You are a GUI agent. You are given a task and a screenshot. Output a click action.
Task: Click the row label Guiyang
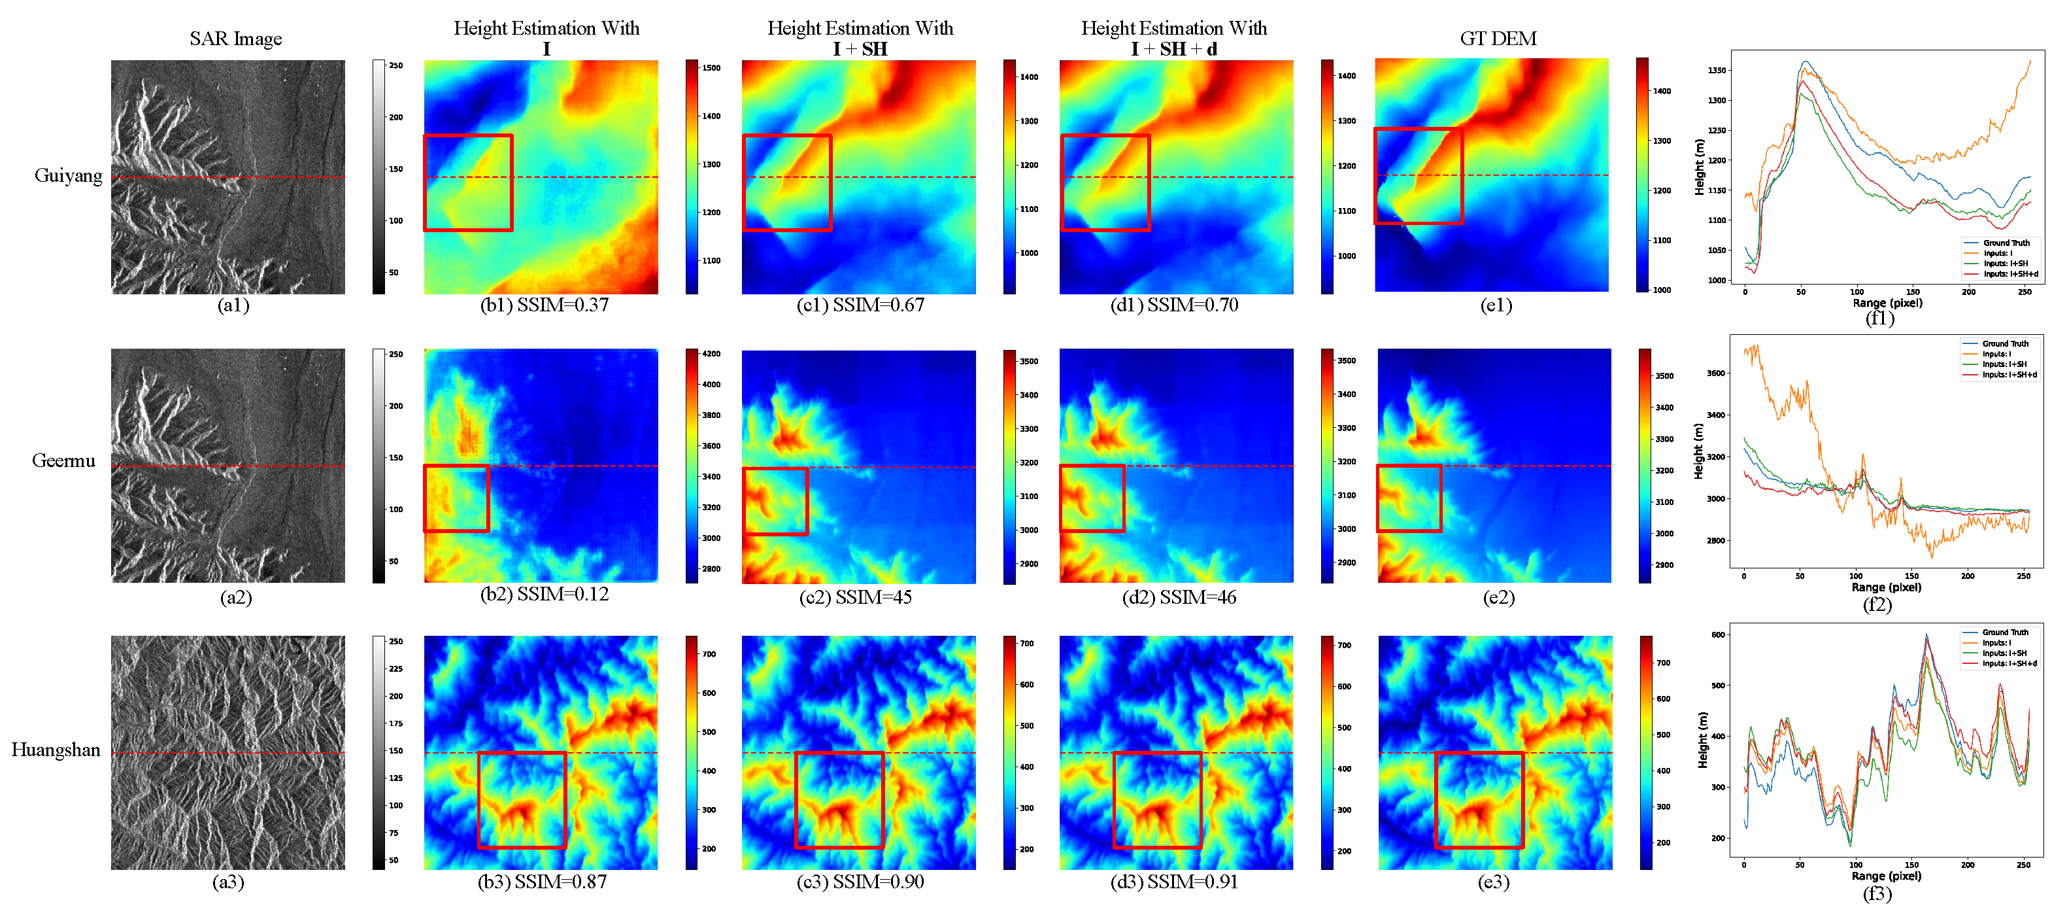coord(68,176)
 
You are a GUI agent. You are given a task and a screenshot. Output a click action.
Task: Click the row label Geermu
coord(63,460)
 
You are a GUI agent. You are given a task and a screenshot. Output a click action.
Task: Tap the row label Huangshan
coord(56,750)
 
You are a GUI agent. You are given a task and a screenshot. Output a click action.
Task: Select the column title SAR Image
coord(235,39)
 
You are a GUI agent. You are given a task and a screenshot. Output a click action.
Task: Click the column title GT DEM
coord(1497,39)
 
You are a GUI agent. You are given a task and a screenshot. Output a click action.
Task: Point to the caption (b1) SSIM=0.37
coord(544,305)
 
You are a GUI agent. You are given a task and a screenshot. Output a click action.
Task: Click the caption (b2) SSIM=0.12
coord(544,594)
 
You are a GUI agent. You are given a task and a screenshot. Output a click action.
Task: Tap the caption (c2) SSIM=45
coord(855,597)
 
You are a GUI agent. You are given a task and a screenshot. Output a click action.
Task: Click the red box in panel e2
coord(1379,498)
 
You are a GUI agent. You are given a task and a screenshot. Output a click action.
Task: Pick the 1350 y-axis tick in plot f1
coord(1717,71)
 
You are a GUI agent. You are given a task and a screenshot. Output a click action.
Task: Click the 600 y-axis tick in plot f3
coord(1718,635)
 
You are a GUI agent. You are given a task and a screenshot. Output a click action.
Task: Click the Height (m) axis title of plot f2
coord(1698,452)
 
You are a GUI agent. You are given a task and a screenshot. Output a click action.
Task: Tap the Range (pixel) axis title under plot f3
coord(1886,876)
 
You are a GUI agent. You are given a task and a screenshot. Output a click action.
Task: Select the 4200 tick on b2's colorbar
coord(711,354)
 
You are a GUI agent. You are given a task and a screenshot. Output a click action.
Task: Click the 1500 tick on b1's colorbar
coord(711,68)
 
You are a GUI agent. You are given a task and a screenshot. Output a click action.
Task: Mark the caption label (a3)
coord(228,882)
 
